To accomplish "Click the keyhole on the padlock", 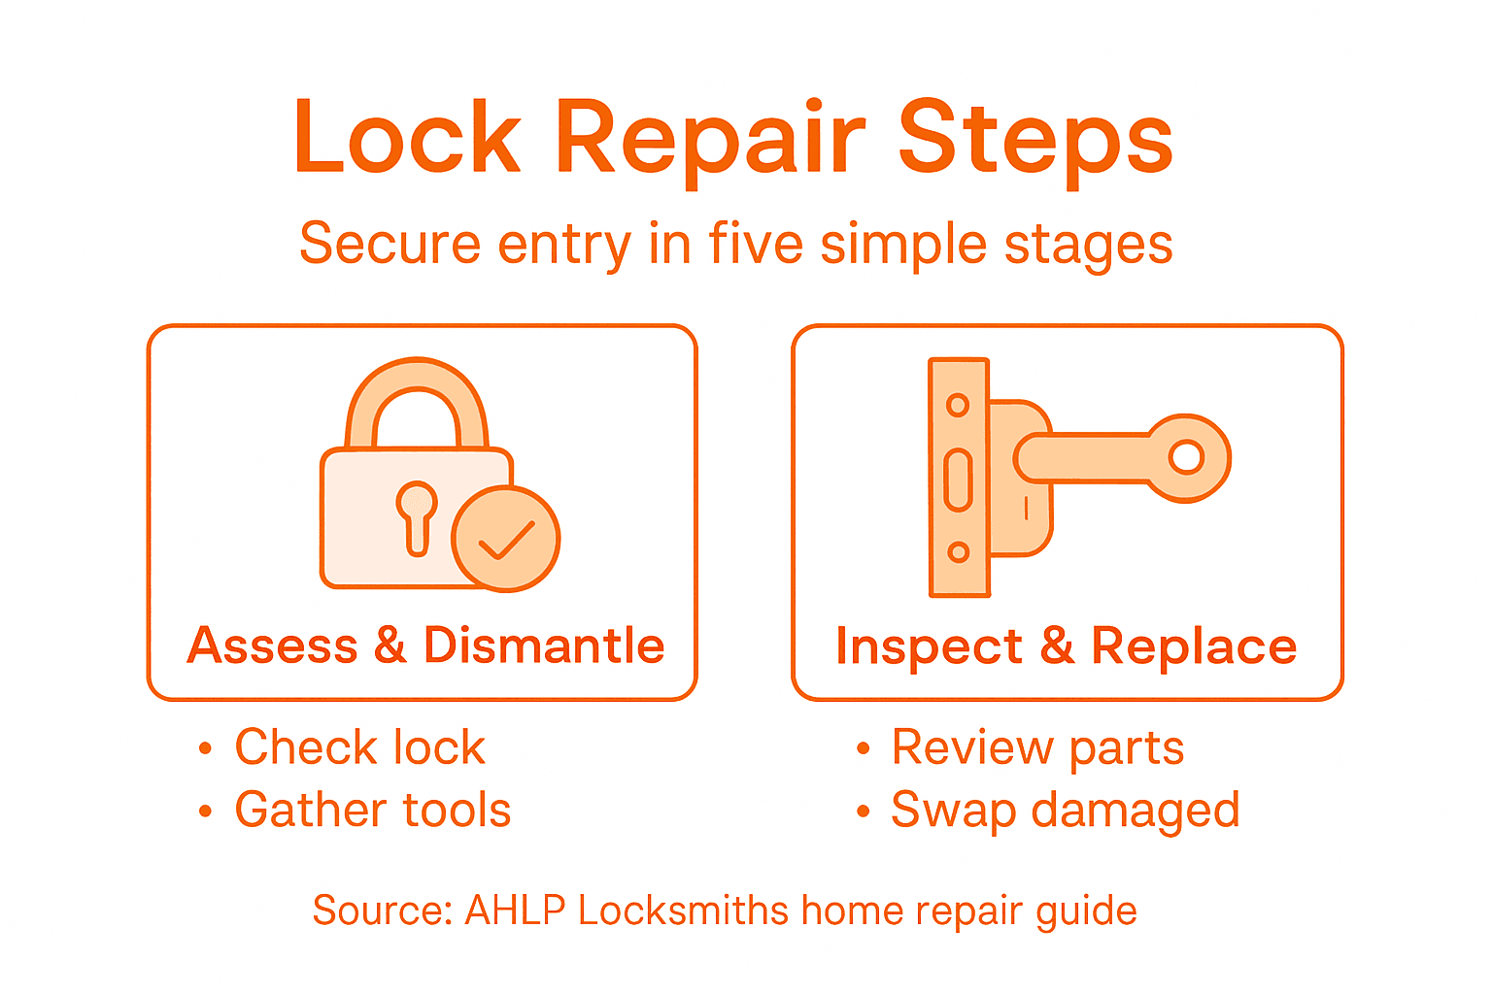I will (417, 515).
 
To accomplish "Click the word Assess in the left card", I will (273, 646).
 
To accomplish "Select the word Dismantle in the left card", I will (544, 646).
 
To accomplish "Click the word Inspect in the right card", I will (929, 646).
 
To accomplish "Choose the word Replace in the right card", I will (1194, 646).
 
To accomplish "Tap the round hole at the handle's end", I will (1186, 456).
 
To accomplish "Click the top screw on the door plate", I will (958, 405).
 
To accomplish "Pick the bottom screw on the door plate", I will (958, 552).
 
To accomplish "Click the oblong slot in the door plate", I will (958, 480).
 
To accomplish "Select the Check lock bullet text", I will (359, 747).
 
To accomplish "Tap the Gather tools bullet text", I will (372, 810).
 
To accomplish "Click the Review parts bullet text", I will (1037, 747).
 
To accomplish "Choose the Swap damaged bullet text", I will (1065, 810).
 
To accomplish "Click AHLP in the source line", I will (515, 911).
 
